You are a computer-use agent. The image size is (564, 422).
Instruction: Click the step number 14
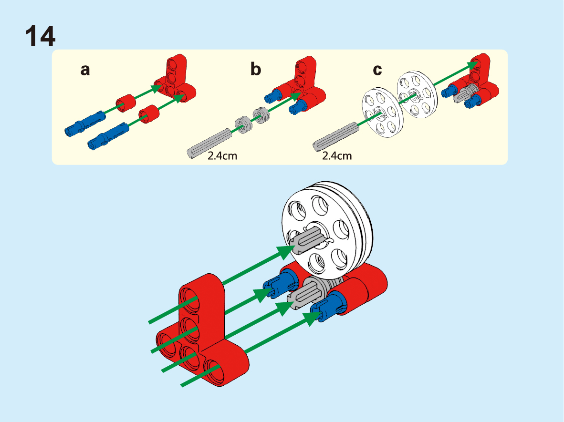(x=40, y=36)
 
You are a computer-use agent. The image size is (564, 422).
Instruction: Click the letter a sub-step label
(x=85, y=70)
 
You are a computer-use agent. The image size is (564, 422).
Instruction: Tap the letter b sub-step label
(x=256, y=70)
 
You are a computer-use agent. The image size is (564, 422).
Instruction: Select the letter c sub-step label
(x=377, y=70)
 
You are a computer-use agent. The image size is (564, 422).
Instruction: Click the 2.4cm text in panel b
(x=222, y=155)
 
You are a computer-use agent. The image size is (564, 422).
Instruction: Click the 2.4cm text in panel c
(x=337, y=155)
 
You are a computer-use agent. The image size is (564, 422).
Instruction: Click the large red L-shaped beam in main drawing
(x=200, y=334)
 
